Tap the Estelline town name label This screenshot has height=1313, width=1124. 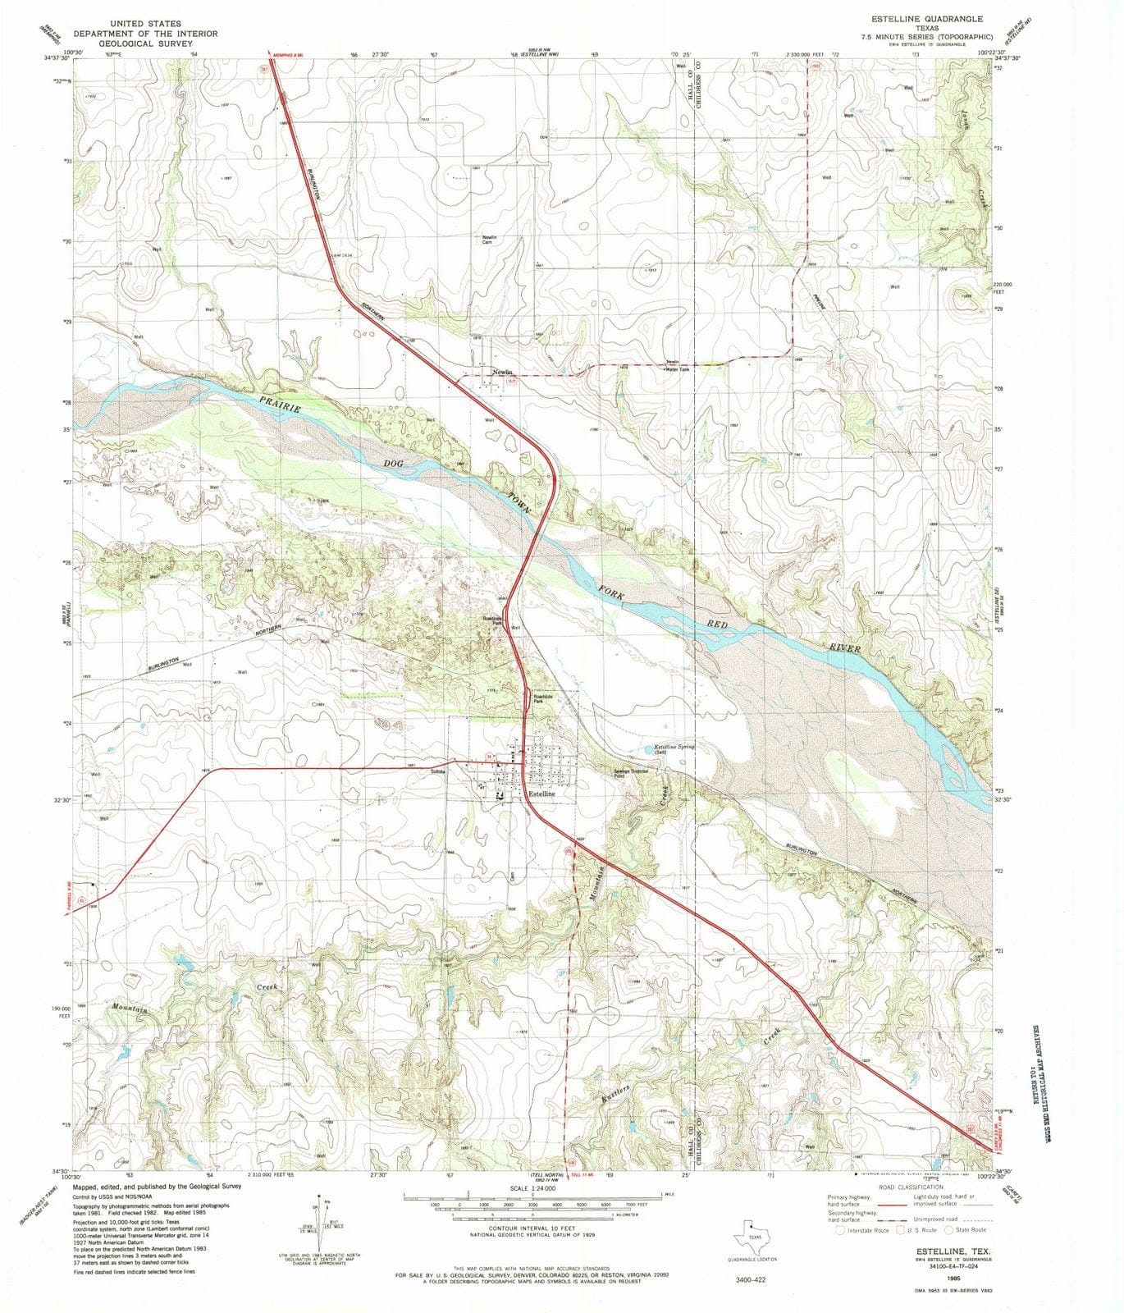[541, 794]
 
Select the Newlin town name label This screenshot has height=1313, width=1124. [502, 372]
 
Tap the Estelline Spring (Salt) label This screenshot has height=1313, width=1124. [674, 748]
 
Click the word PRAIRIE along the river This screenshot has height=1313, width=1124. [281, 404]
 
